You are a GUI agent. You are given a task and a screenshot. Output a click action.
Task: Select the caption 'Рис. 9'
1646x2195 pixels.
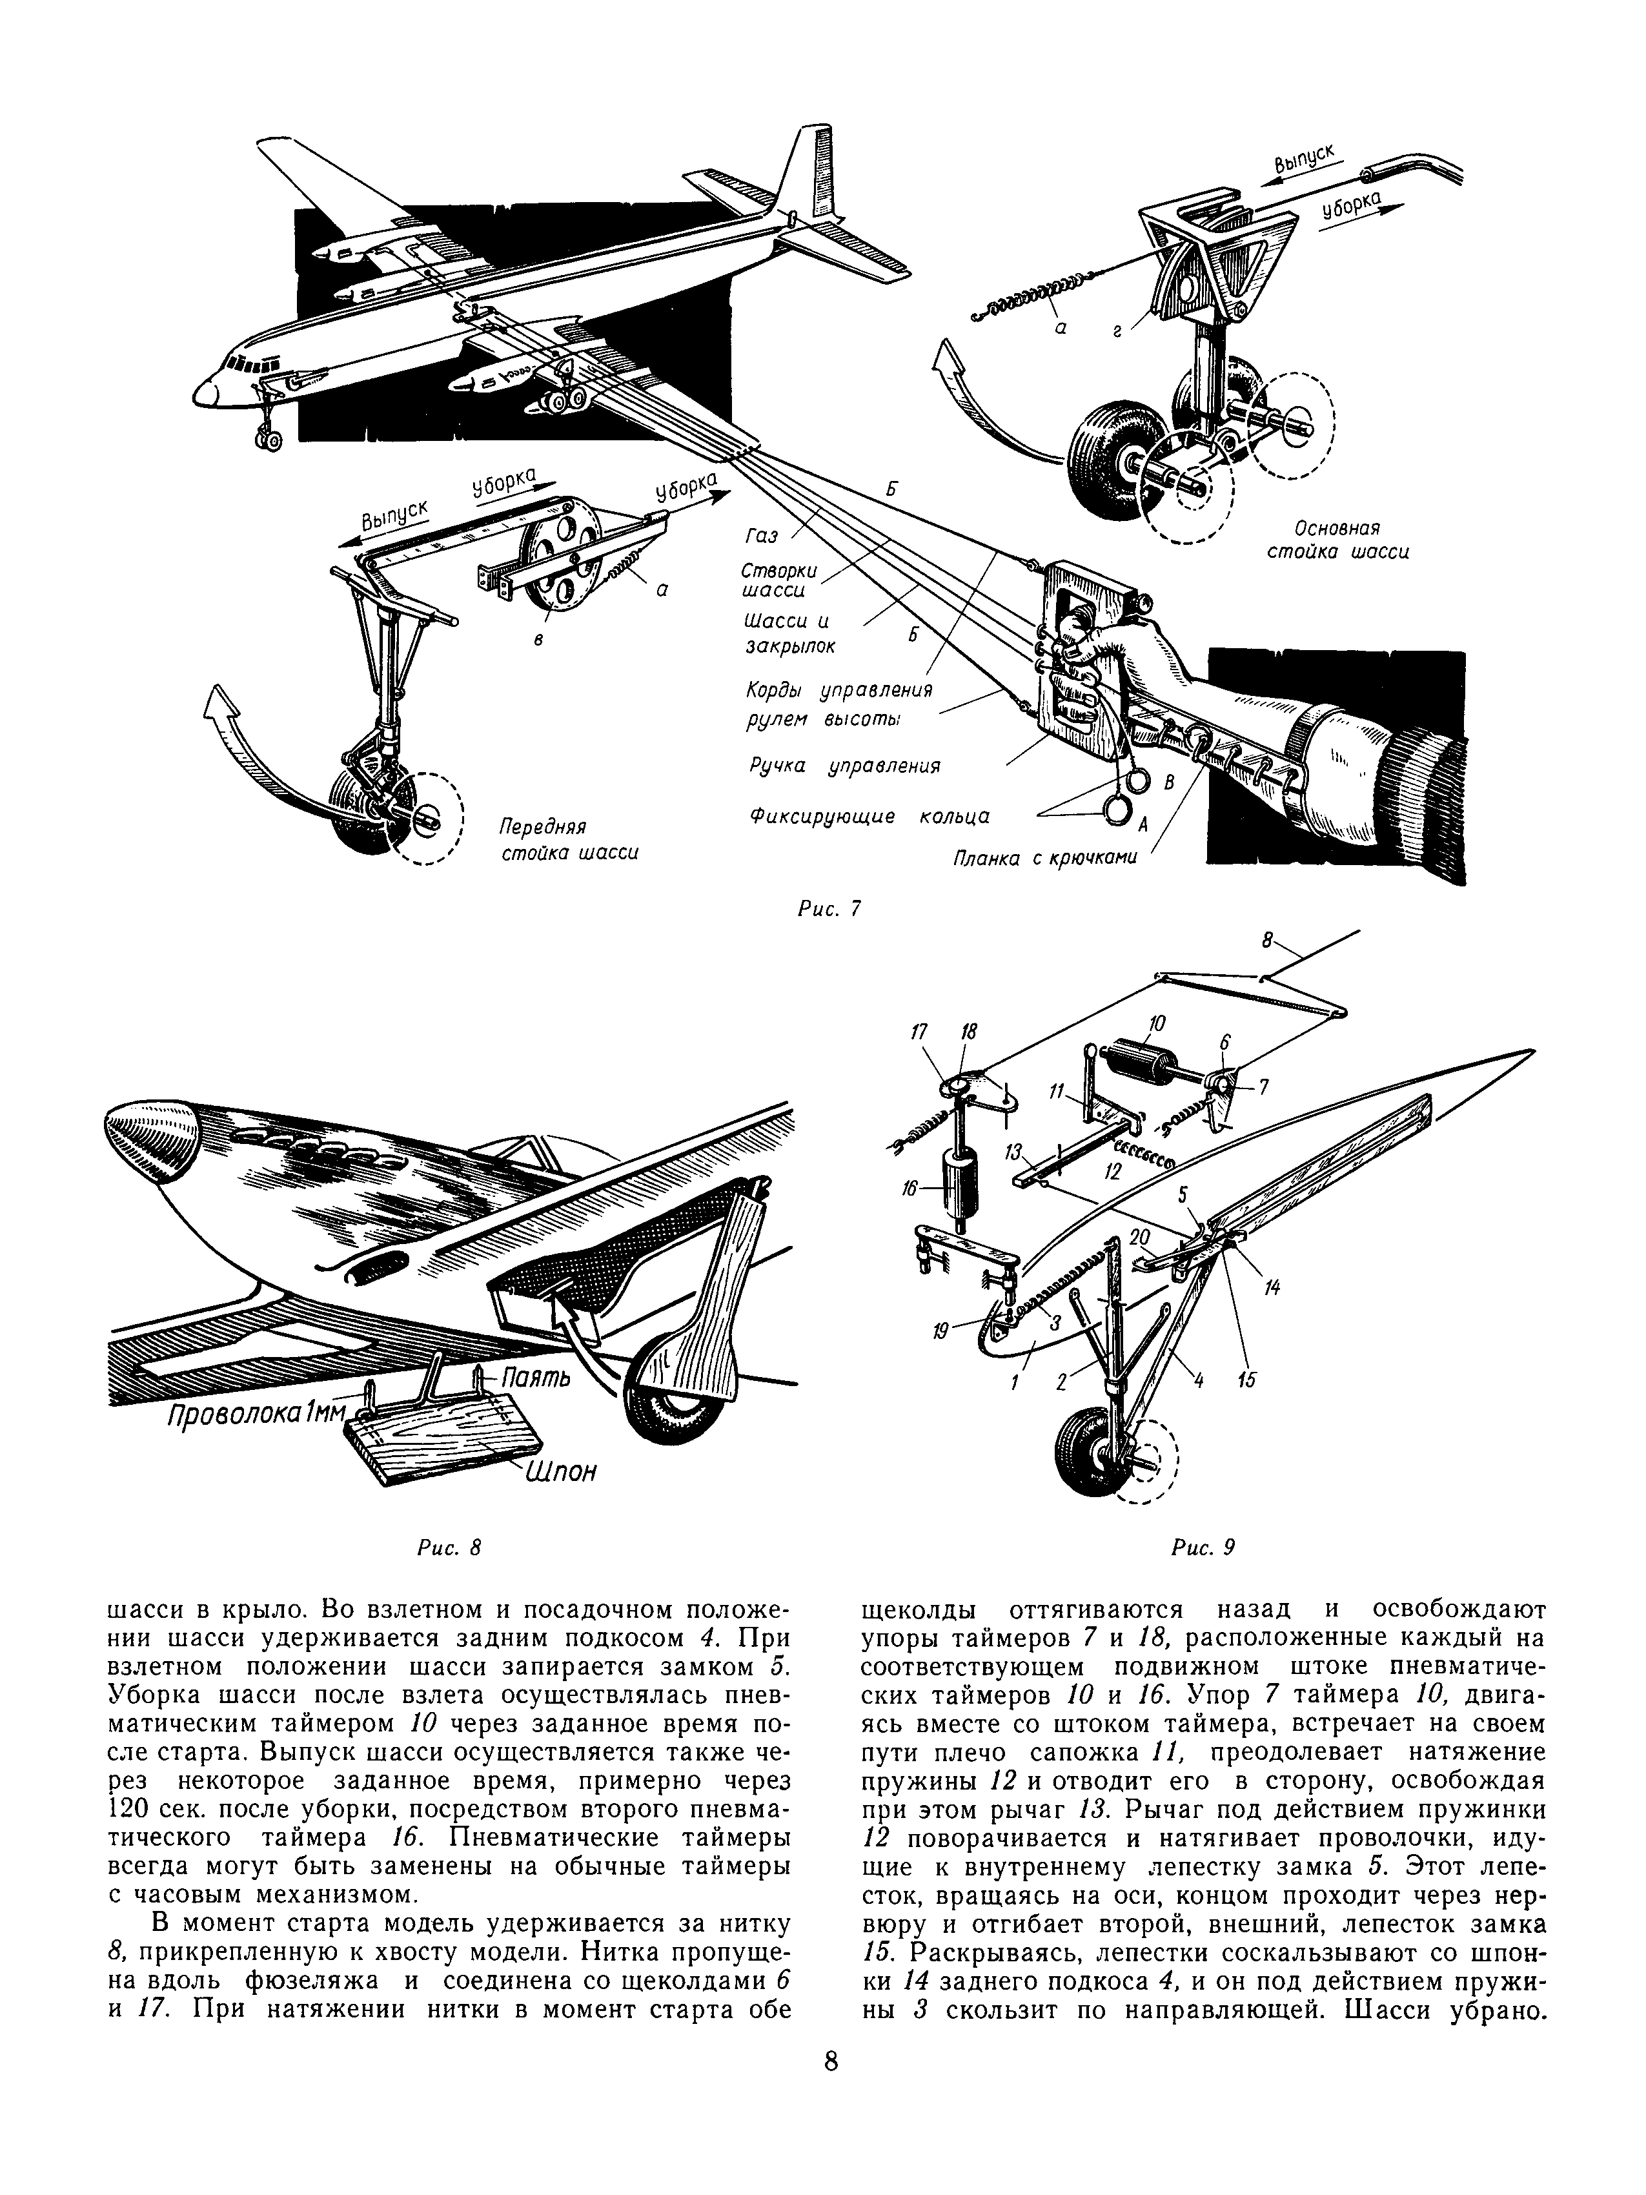point(1203,1547)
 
